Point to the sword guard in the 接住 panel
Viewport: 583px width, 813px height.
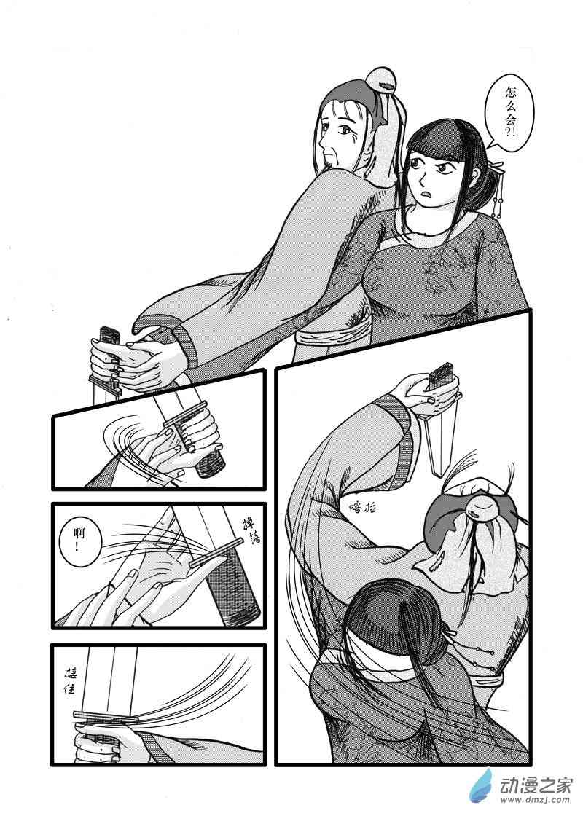tap(109, 719)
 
